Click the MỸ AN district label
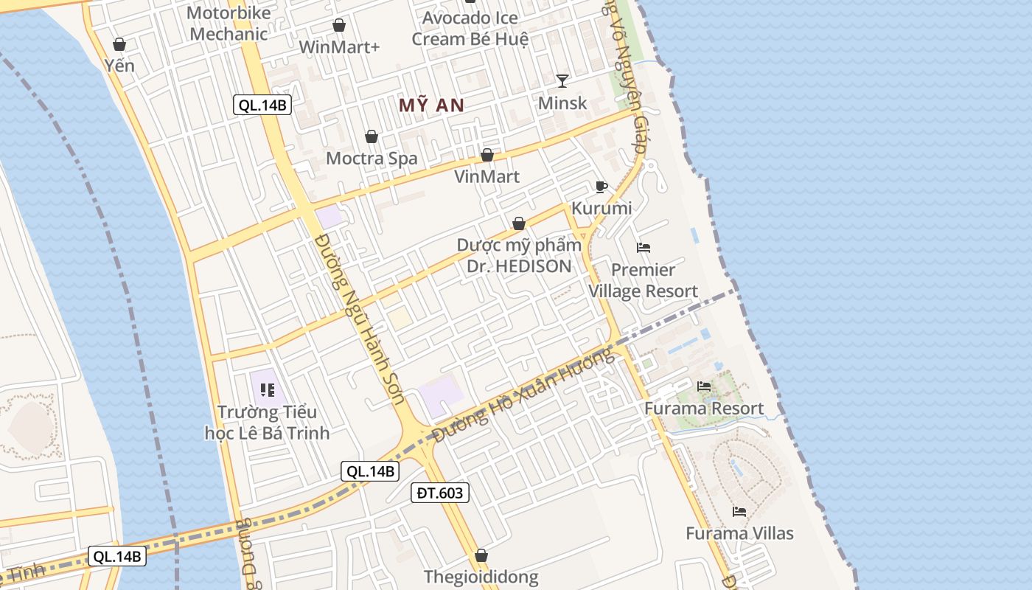point(431,105)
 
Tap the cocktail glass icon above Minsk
point(562,81)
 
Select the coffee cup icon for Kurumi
point(602,187)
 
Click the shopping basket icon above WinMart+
point(339,26)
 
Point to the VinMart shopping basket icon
point(487,156)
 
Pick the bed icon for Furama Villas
point(739,512)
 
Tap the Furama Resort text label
point(704,409)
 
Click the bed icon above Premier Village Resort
point(644,248)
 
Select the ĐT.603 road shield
point(439,493)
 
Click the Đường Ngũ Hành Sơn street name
point(360,319)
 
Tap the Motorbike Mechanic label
point(229,23)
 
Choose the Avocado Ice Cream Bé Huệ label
point(470,28)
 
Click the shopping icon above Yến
point(119,45)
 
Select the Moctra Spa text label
point(372,158)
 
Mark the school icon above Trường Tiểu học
point(267,389)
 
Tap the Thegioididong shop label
point(481,577)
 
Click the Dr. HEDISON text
point(519,266)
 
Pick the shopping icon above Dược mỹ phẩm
point(519,223)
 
